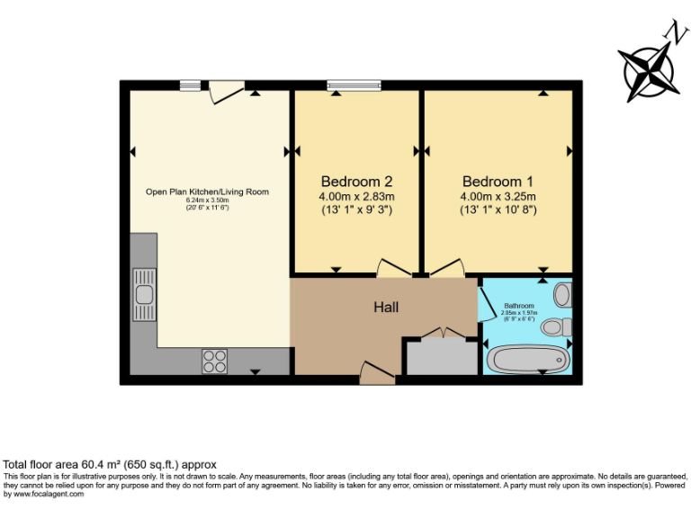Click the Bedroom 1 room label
(498, 180)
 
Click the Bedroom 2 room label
(356, 180)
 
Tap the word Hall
(386, 308)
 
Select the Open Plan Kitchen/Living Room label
(207, 192)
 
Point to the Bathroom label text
(518, 305)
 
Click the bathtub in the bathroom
(527, 360)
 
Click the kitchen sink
(144, 293)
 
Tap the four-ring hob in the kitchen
(214, 361)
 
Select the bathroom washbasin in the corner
(563, 294)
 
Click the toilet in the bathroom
(556, 326)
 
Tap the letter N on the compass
(670, 33)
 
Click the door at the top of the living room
(225, 90)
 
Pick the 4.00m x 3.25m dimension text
(498, 197)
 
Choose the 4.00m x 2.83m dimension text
(356, 197)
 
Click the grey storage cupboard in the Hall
(441, 357)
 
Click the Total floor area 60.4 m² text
(110, 464)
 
